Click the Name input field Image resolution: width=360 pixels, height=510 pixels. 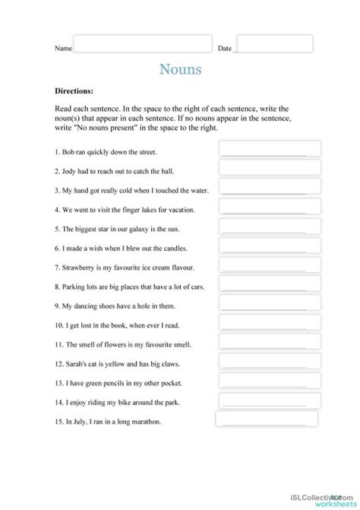pyautogui.click(x=141, y=43)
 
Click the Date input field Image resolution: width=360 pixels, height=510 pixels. pyautogui.click(x=274, y=43)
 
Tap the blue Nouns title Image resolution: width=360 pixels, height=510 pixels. pyautogui.click(x=180, y=70)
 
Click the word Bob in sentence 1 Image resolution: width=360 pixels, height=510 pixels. pyautogui.click(x=70, y=152)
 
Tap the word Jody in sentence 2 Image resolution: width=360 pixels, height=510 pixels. pyautogui.click(x=71, y=171)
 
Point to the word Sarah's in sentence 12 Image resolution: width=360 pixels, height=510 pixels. pyautogui.click(x=77, y=364)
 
